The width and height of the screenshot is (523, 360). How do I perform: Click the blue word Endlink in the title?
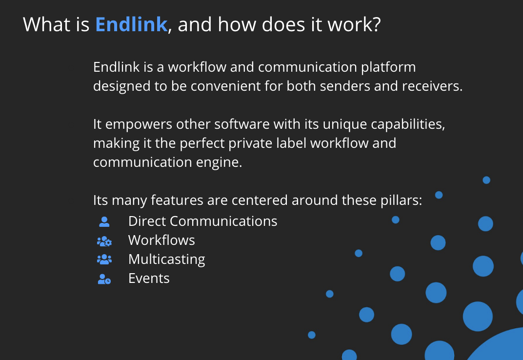[x=131, y=24]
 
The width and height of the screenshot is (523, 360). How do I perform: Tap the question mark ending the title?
[x=376, y=24]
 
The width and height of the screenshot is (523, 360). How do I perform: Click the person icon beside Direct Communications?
[x=104, y=222]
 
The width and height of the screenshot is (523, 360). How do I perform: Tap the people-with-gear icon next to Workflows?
[x=104, y=241]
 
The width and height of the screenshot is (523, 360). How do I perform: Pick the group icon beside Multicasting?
[x=104, y=260]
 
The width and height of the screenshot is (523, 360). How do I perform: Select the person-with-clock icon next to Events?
[x=104, y=279]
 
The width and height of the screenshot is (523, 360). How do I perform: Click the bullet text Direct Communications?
[x=203, y=221]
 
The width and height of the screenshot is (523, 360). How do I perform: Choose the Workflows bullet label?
[x=162, y=240]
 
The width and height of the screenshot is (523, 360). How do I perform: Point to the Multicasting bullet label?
[x=167, y=260]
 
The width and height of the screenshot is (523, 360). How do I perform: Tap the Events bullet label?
[x=149, y=278]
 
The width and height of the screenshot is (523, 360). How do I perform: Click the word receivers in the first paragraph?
[x=432, y=86]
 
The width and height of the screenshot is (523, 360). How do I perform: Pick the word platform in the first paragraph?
[x=388, y=67]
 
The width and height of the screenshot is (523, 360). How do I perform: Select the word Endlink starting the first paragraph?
[x=117, y=67]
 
